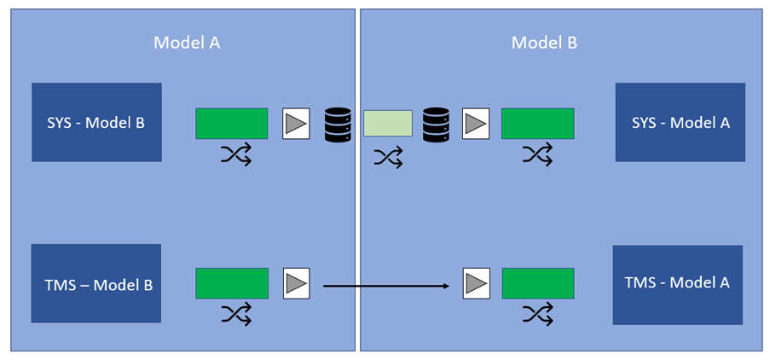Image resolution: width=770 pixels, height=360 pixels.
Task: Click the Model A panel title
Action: point(187,43)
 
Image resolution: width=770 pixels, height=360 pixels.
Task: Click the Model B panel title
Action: point(544,43)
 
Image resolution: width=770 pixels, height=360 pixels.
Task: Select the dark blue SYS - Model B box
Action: point(96,122)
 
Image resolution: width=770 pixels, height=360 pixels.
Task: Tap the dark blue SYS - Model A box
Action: point(680,122)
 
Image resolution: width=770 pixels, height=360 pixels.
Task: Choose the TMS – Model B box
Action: point(96,283)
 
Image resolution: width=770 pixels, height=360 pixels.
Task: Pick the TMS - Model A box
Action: point(677,284)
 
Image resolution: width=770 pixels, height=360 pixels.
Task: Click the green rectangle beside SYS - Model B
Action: point(232,124)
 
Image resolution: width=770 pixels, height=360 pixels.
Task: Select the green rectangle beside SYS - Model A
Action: point(537,124)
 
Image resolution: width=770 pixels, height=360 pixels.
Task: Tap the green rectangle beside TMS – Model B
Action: point(232,283)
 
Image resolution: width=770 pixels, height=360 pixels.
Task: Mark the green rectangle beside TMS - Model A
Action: point(537,283)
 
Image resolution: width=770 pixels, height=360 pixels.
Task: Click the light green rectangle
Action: point(388,124)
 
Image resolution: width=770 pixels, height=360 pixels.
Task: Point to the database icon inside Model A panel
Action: point(338,125)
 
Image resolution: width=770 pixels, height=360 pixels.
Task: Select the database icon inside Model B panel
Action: point(436,125)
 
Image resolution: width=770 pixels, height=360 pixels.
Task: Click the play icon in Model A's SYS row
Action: point(296,124)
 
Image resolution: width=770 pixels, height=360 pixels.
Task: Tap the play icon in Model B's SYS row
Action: point(475,124)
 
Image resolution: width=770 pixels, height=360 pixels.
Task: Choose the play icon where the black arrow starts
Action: point(296,283)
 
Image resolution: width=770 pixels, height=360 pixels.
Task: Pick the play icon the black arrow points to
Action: point(475,283)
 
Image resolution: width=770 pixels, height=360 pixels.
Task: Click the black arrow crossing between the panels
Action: point(385,286)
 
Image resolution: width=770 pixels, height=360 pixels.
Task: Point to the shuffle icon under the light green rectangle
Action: point(388,157)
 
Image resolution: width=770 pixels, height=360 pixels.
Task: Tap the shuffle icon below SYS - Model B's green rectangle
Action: point(236,155)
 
